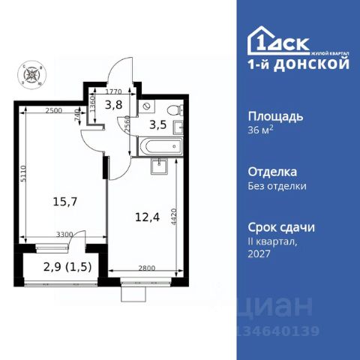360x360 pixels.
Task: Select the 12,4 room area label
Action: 145,217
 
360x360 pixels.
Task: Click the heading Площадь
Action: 276,116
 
